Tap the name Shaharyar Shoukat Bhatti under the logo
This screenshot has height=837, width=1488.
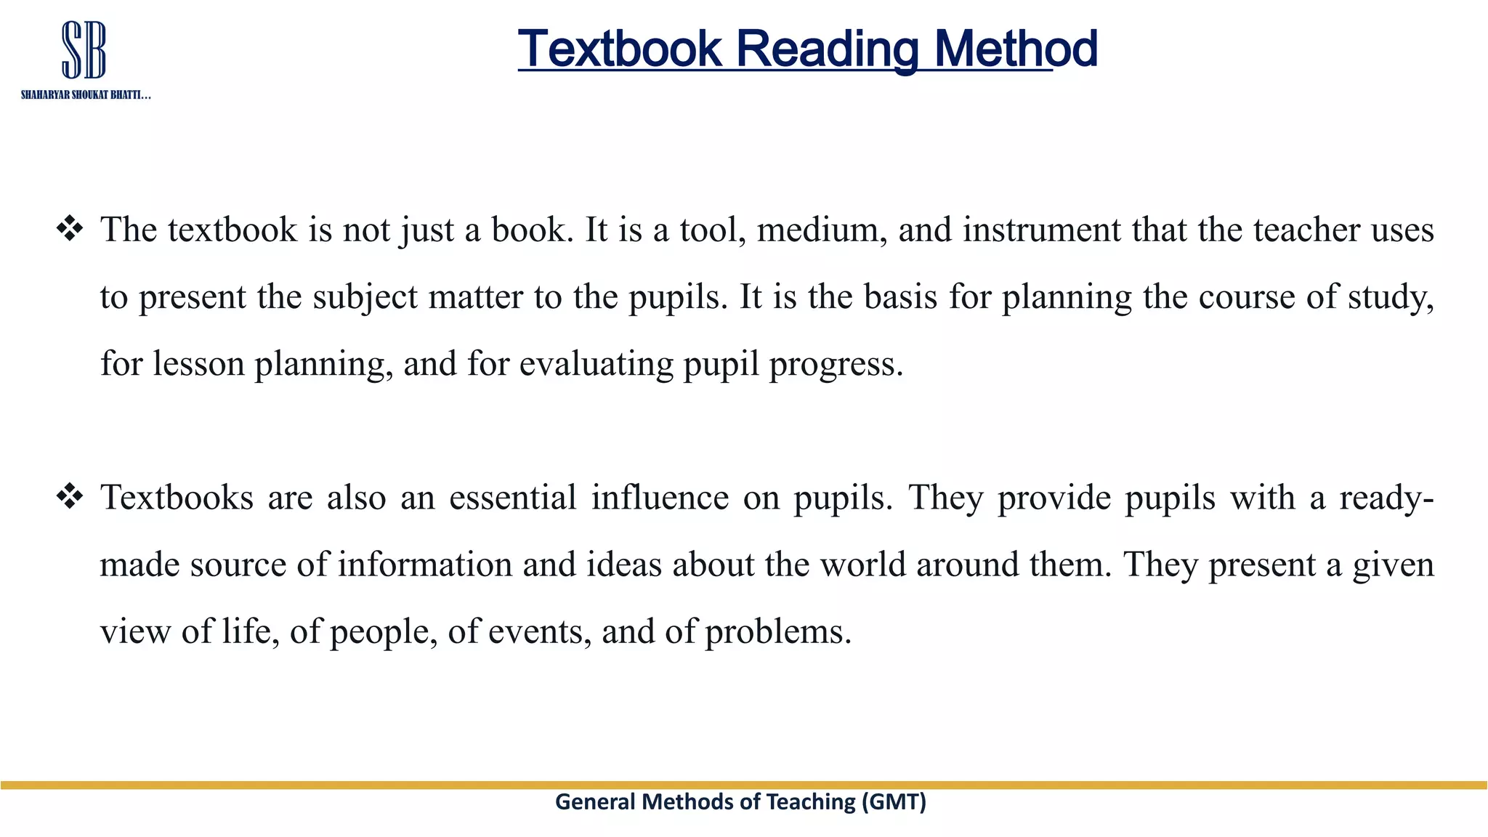click(86, 95)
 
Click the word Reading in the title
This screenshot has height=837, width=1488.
click(828, 49)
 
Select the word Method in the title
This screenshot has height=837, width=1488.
click(1016, 49)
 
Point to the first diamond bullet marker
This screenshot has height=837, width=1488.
click(70, 229)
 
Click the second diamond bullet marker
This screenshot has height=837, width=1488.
click(70, 497)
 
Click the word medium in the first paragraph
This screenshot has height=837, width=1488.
click(821, 230)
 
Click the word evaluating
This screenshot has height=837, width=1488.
click(596, 364)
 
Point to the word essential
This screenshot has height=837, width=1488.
click(513, 498)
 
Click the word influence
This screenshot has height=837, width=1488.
click(660, 498)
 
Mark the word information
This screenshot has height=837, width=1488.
click(425, 565)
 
